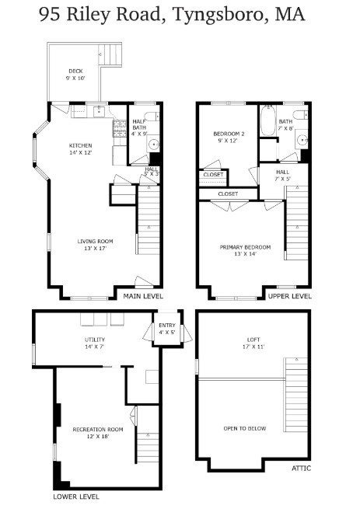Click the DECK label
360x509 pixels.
[x=75, y=71]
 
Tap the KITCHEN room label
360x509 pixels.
[x=80, y=145]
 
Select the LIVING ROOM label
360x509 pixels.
[x=95, y=241]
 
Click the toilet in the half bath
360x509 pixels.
[x=152, y=116]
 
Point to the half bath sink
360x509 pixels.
[x=153, y=144]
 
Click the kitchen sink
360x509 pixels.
[x=99, y=111]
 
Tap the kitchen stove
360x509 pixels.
[x=120, y=128]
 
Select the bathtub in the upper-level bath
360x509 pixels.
[x=268, y=120]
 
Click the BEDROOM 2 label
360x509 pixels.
[x=229, y=134]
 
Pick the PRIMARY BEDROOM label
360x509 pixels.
[x=245, y=247]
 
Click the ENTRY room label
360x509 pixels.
[x=167, y=326]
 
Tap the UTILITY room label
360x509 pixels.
[x=95, y=340]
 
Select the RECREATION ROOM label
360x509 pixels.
[x=98, y=430]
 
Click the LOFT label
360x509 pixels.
[x=253, y=340]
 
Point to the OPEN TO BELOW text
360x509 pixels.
[x=245, y=428]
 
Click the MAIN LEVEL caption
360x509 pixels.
[x=143, y=296]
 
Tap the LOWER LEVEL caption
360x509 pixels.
[x=76, y=497]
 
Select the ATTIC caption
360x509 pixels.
[x=301, y=468]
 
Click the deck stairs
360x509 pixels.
[x=110, y=54]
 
